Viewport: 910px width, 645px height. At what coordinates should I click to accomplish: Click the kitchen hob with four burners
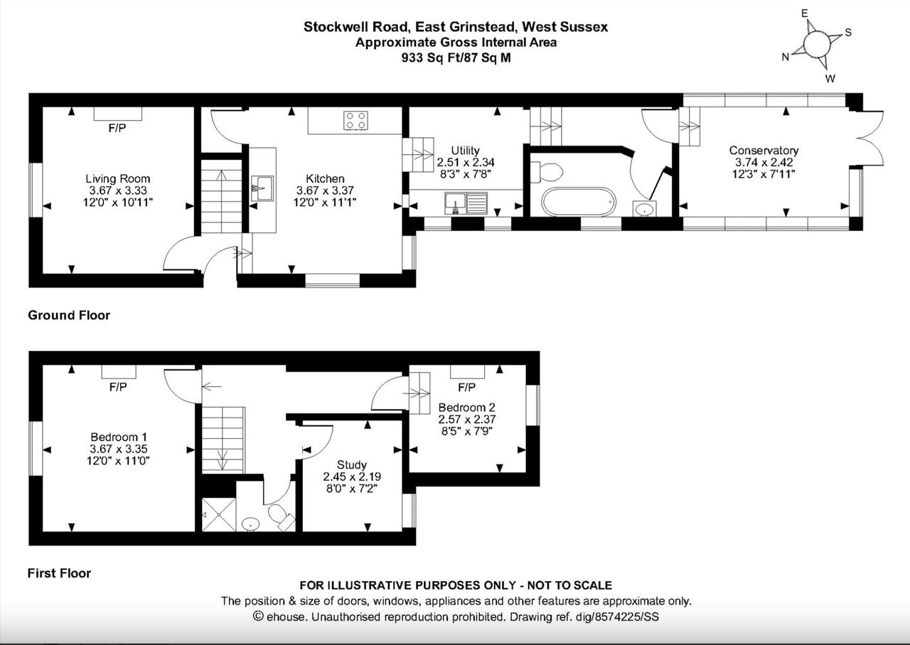click(355, 121)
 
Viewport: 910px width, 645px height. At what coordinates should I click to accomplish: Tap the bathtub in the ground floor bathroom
click(579, 202)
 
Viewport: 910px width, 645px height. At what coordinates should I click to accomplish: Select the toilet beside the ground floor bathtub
click(547, 172)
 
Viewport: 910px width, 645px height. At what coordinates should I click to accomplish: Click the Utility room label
click(465, 151)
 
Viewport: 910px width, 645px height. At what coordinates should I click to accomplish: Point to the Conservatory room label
click(764, 150)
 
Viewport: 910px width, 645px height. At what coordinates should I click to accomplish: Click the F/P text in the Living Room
click(117, 129)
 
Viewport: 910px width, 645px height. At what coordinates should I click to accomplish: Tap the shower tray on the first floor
click(219, 514)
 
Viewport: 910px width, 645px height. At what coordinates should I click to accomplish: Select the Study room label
click(352, 465)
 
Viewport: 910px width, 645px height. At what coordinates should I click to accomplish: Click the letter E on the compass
click(804, 13)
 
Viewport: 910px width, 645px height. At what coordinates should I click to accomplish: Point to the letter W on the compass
click(830, 79)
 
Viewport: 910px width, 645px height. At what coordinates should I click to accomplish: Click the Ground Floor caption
click(69, 315)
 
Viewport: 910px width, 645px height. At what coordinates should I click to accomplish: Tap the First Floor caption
click(59, 573)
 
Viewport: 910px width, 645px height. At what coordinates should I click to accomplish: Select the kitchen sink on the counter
click(262, 188)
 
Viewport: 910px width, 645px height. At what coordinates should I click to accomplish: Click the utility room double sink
click(466, 203)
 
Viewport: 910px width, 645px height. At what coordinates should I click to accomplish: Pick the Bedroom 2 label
click(467, 407)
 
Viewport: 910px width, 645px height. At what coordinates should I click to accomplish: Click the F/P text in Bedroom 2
click(466, 388)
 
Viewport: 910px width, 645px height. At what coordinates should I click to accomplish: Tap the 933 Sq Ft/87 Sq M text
click(456, 58)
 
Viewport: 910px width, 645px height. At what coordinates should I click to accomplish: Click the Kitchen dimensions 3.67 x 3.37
click(325, 190)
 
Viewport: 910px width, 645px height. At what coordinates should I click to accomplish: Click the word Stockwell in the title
click(332, 27)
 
